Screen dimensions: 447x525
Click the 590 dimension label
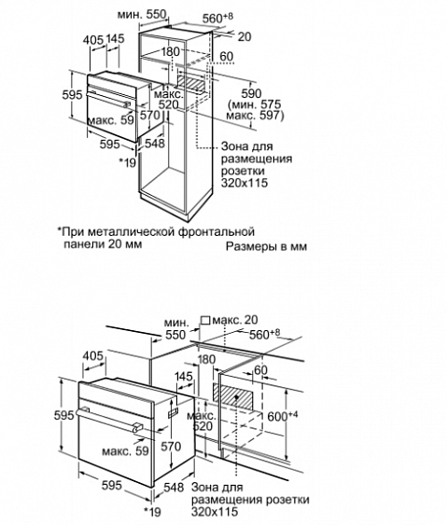[x=251, y=93]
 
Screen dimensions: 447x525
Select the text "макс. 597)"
[x=255, y=116]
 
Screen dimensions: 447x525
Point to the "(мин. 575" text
[x=255, y=104]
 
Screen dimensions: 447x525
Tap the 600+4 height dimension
[x=283, y=416]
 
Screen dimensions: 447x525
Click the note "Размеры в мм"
[x=266, y=246]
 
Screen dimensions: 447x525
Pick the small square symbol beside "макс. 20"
[x=205, y=321]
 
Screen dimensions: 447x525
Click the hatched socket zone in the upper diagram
[x=191, y=84]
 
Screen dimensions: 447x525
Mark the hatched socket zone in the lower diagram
[x=237, y=396]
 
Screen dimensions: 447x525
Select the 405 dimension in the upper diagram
[x=92, y=40]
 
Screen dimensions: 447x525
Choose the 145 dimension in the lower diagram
[x=184, y=376]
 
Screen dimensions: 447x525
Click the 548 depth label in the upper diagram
[x=155, y=143]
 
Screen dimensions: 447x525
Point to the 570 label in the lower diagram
[x=171, y=446]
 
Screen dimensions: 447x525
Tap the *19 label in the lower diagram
[x=152, y=511]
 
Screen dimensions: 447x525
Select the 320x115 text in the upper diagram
[x=244, y=183]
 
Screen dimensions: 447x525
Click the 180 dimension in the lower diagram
[x=206, y=359]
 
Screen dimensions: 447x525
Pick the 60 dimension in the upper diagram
[x=227, y=56]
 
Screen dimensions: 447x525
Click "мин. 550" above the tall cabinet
[x=142, y=14]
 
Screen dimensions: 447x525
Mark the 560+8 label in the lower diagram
[x=265, y=334]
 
